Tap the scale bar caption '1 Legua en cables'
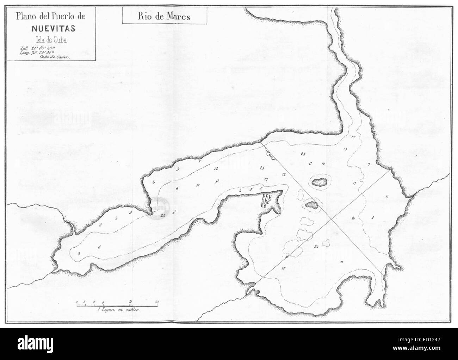[x=118, y=311]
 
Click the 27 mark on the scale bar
[x=157, y=302]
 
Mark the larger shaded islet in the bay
[x=319, y=182]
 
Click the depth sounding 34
[x=316, y=246]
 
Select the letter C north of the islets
[x=310, y=164]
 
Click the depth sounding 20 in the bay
[x=353, y=218]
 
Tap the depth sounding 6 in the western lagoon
[x=99, y=247]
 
